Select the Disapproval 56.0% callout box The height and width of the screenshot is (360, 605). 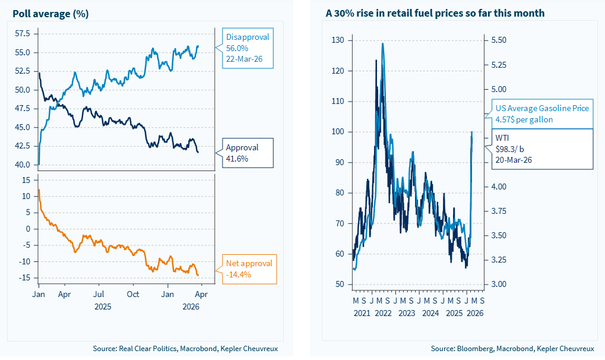[x=247, y=48]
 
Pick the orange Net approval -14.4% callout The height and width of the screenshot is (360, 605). [x=249, y=269]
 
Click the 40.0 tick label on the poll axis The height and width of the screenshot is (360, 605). [x=23, y=165]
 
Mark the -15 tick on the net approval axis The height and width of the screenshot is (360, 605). [x=26, y=278]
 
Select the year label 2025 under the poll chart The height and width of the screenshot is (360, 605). [x=102, y=307]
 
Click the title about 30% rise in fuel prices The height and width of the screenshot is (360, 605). [x=435, y=13]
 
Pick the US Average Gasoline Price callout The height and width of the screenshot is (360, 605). [x=541, y=113]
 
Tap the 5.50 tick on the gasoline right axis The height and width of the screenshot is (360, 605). [x=499, y=40]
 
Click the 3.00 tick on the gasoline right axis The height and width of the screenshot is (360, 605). [x=499, y=285]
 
